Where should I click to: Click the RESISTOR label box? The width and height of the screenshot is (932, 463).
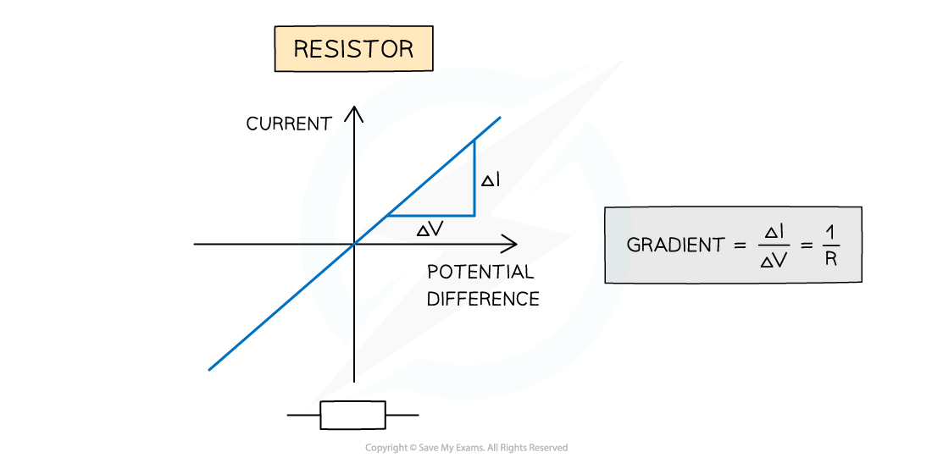tap(353, 49)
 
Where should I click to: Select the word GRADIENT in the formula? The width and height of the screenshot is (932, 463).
tap(675, 245)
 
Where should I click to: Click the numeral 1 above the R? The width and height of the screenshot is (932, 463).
tap(830, 230)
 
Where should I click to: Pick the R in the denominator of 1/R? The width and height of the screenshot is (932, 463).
tap(830, 261)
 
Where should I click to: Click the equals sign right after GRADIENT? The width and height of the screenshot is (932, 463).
tap(741, 245)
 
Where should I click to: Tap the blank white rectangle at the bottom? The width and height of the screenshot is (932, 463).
tap(352, 415)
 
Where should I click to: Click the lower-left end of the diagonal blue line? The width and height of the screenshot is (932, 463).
tap(209, 369)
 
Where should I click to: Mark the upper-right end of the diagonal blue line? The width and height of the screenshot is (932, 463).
tap(500, 118)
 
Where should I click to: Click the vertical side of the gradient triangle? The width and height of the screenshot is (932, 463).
tap(474, 178)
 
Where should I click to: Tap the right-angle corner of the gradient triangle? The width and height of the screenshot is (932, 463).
tap(474, 216)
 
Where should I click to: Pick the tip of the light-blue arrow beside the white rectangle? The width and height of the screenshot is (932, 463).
tap(345, 399)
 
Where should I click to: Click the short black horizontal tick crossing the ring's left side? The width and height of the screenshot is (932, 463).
tap(319, 244)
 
